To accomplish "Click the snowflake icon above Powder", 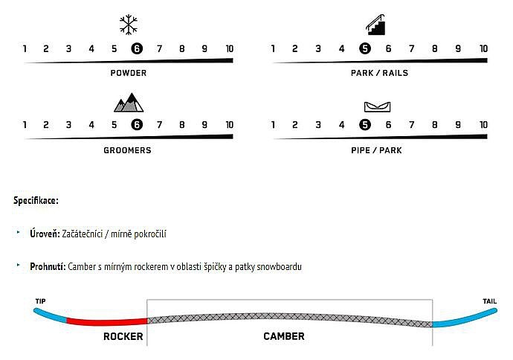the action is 129,25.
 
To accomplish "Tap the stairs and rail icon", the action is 375,25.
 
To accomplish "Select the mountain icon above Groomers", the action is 129,103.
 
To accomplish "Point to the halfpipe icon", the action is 377,106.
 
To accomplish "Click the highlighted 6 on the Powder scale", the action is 137,49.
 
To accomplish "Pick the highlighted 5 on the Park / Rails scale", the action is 365,49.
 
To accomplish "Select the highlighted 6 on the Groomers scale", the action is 137,125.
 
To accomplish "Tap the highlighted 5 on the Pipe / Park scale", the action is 365,125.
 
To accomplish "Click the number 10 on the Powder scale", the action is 229,49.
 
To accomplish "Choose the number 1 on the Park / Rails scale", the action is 273,49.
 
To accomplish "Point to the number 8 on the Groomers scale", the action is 182,125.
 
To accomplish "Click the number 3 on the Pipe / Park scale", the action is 318,125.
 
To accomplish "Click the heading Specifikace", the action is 36,200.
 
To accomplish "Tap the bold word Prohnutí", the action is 48,266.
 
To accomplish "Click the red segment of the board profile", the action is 106,321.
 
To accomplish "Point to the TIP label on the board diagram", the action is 41,301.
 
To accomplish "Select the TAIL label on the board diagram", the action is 489,301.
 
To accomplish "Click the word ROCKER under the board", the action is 123,336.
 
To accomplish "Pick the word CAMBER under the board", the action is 284,336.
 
